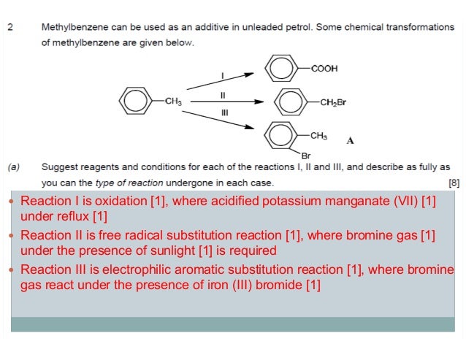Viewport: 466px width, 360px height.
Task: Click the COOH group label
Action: (324, 69)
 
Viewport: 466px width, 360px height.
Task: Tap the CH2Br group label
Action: (332, 102)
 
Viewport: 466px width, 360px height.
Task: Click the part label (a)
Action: (14, 167)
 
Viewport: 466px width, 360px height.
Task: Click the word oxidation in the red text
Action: (117, 202)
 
